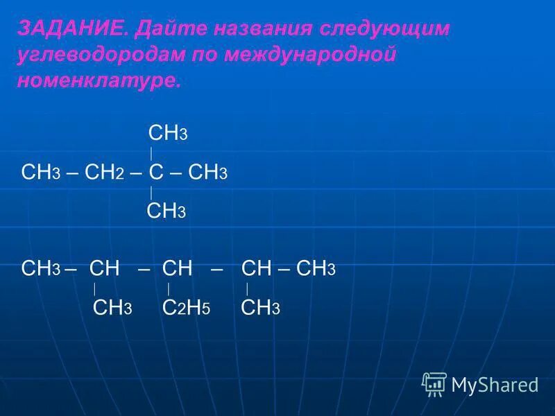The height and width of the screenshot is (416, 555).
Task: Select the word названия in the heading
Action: point(265,29)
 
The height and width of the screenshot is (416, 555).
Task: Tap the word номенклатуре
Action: point(98,81)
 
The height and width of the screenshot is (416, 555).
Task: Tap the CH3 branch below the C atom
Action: point(166,211)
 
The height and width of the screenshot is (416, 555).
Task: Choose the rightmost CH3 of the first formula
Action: point(208,173)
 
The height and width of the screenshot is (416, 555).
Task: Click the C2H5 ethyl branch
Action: point(186,308)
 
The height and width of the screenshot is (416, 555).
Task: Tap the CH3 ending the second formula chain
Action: point(316,269)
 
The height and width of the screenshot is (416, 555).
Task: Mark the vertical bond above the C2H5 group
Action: point(169,289)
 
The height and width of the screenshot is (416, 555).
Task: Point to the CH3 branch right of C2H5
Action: point(260,308)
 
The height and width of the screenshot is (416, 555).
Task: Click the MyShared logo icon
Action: point(434,383)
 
